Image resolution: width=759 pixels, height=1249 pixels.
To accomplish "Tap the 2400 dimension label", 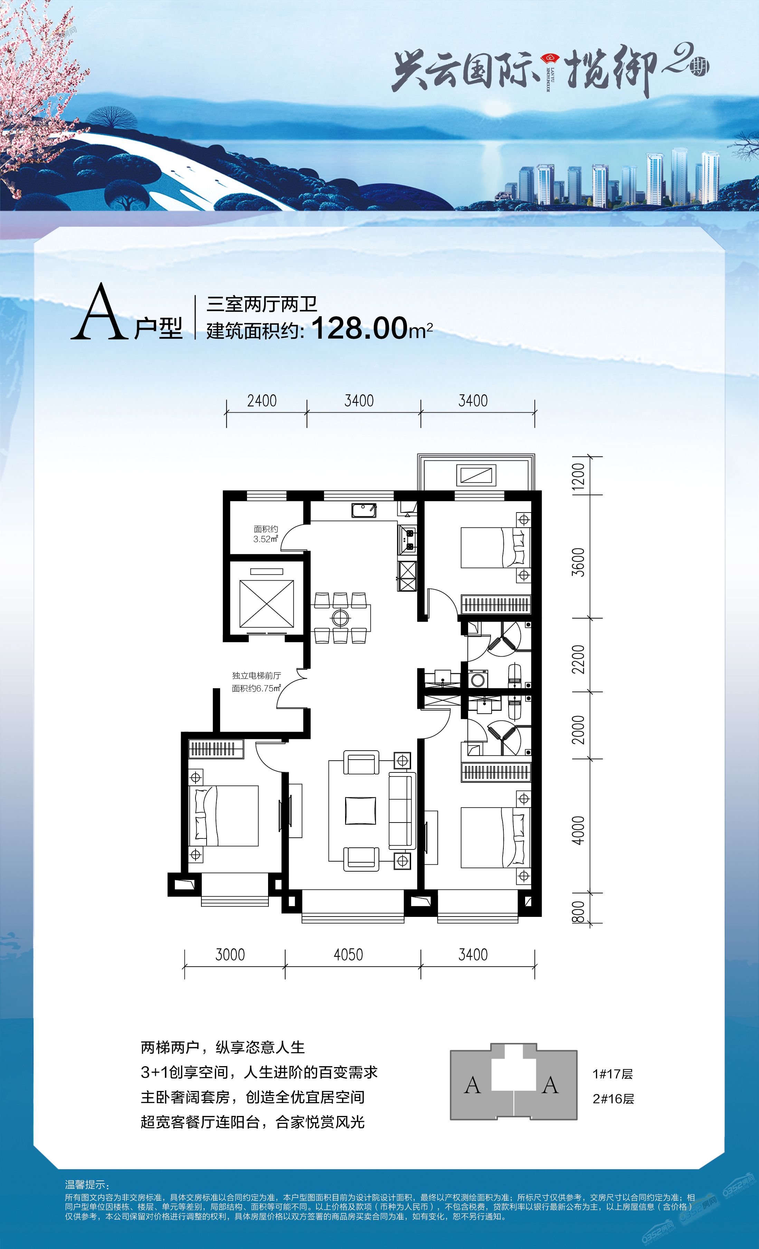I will coord(262,401).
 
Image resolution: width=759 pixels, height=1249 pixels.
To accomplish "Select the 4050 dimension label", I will coord(348,955).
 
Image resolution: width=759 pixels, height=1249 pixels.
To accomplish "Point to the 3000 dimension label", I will coord(230,955).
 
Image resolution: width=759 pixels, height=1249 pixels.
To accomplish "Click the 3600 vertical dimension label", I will coord(578,562).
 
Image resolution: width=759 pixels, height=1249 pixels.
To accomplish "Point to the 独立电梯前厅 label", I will coord(256,676).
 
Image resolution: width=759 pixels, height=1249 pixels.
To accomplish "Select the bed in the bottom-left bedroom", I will coord(224,816).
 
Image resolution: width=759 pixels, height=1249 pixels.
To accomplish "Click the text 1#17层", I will coord(613,1074).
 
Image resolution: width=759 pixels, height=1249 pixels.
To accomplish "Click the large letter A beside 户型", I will coord(98,313).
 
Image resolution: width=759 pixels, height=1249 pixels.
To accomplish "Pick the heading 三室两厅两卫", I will coord(262,304).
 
